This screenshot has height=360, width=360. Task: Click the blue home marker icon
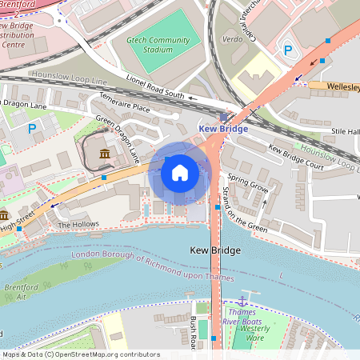point(180,172)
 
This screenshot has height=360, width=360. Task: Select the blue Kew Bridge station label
point(222,128)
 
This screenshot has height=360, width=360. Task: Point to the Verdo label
point(231,38)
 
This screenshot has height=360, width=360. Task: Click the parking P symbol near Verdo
point(288,50)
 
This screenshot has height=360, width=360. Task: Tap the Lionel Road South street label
point(156,86)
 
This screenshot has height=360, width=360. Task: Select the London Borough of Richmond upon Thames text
point(152,267)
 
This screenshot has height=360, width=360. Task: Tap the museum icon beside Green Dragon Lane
point(104,153)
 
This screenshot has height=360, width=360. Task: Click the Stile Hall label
point(346,130)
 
